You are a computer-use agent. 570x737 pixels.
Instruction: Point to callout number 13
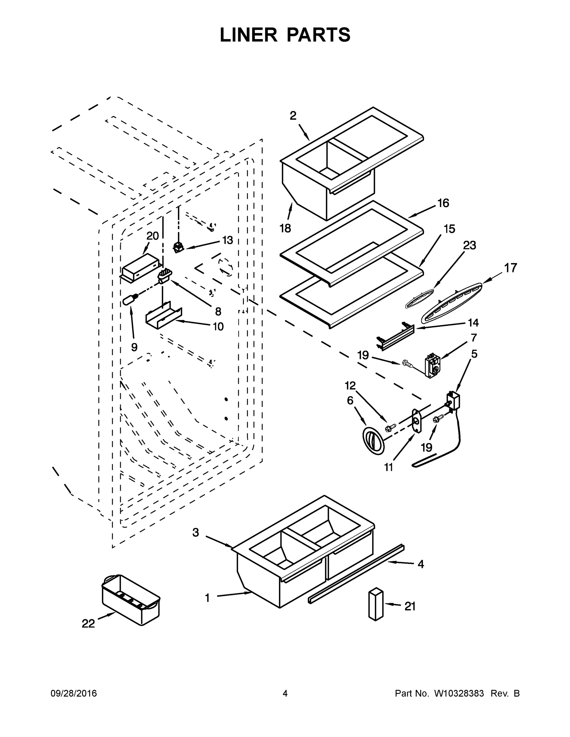pyautogui.click(x=227, y=240)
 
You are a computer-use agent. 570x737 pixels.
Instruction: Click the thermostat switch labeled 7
pyautogui.click(x=432, y=365)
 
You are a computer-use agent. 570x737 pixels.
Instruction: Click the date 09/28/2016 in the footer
pyautogui.click(x=74, y=693)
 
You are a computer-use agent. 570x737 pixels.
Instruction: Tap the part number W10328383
pyautogui.click(x=458, y=693)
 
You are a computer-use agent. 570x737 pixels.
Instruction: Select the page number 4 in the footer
pyautogui.click(x=285, y=693)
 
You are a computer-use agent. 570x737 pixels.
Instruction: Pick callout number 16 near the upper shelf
pyautogui.click(x=443, y=203)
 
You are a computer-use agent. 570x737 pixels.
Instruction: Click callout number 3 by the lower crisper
pyautogui.click(x=196, y=532)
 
